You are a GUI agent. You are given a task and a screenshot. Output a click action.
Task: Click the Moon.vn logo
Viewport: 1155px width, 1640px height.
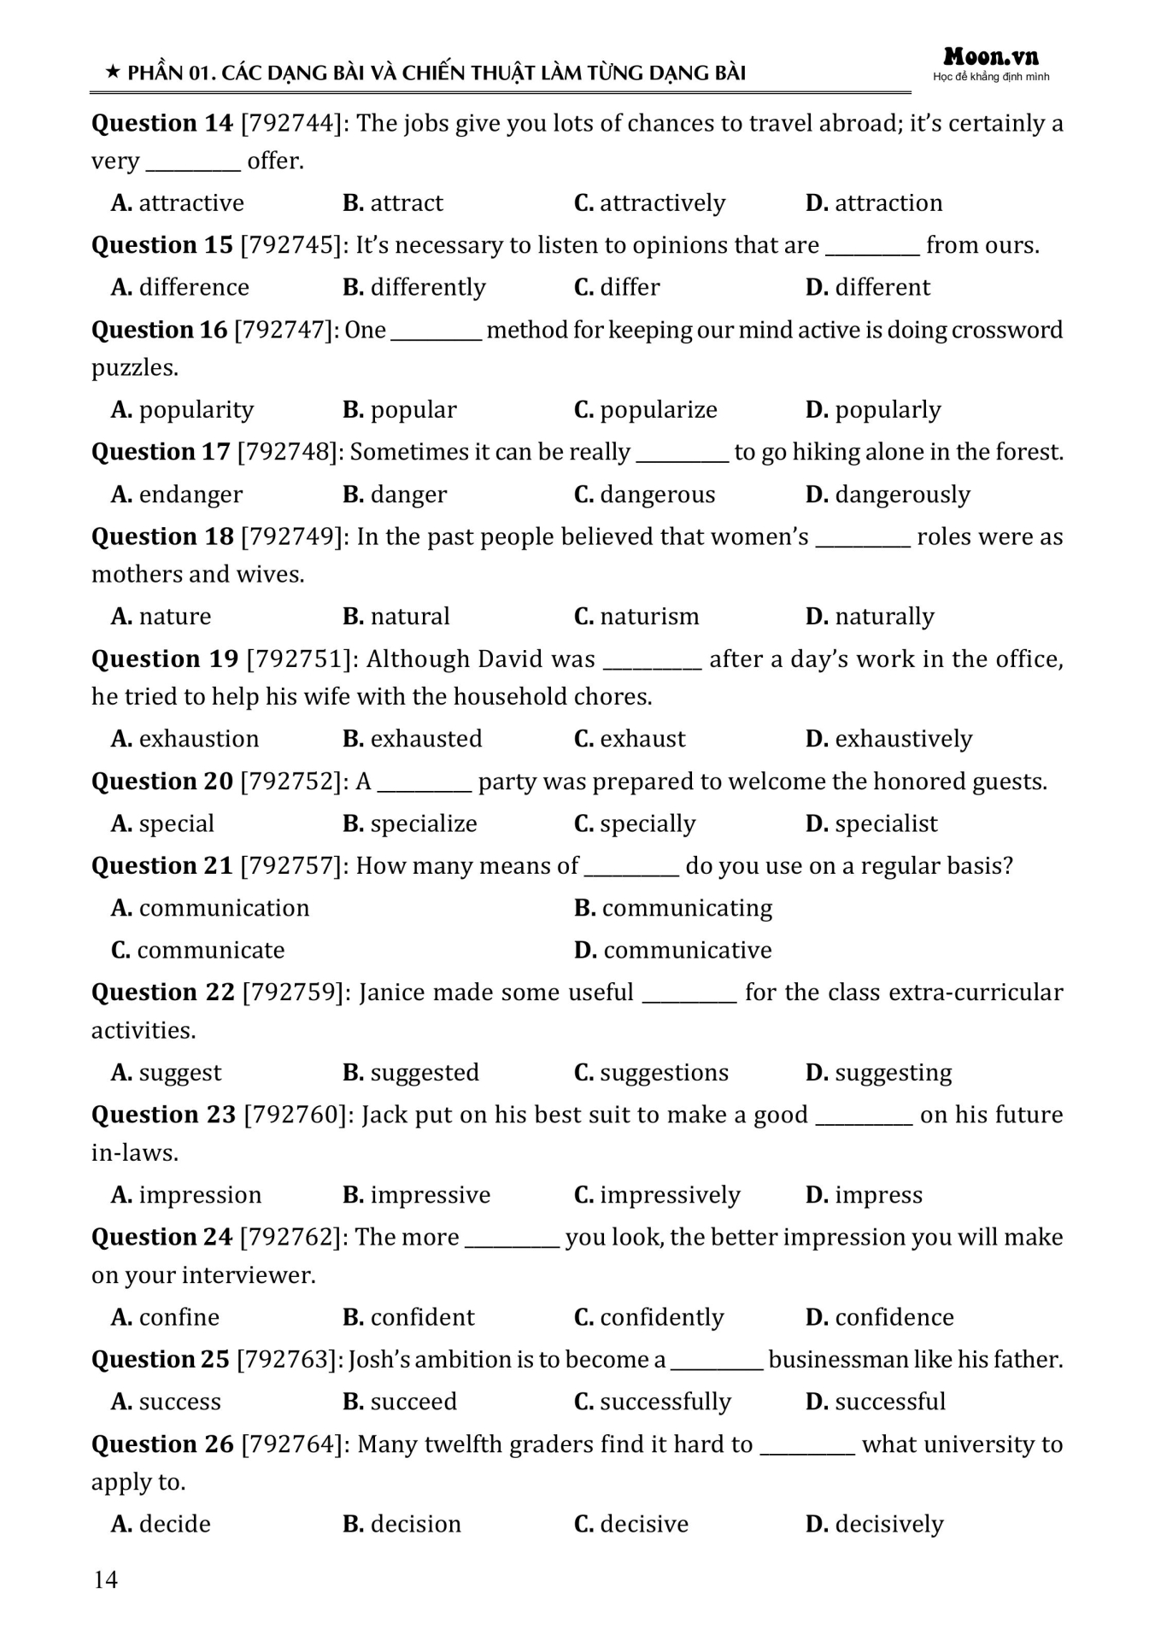click(991, 58)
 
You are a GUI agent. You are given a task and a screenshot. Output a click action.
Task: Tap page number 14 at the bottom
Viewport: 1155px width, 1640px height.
click(105, 1579)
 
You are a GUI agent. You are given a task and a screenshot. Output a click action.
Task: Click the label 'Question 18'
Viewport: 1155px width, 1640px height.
click(162, 537)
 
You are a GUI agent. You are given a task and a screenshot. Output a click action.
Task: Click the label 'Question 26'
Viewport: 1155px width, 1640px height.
click(162, 1444)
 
